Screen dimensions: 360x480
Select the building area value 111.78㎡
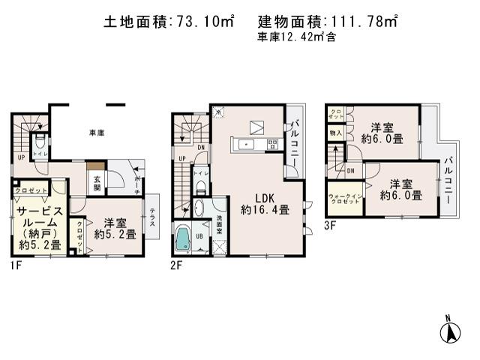[x=367, y=22]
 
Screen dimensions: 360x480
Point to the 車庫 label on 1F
[x=96, y=132]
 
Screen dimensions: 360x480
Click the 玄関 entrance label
[x=98, y=182]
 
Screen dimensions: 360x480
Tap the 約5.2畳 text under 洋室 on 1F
[x=115, y=234]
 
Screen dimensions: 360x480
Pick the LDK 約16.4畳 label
[x=265, y=204]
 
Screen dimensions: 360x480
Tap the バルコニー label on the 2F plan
[x=295, y=144]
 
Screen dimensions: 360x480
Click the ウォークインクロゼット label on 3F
[x=345, y=200]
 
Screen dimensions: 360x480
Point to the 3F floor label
[x=331, y=223]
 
